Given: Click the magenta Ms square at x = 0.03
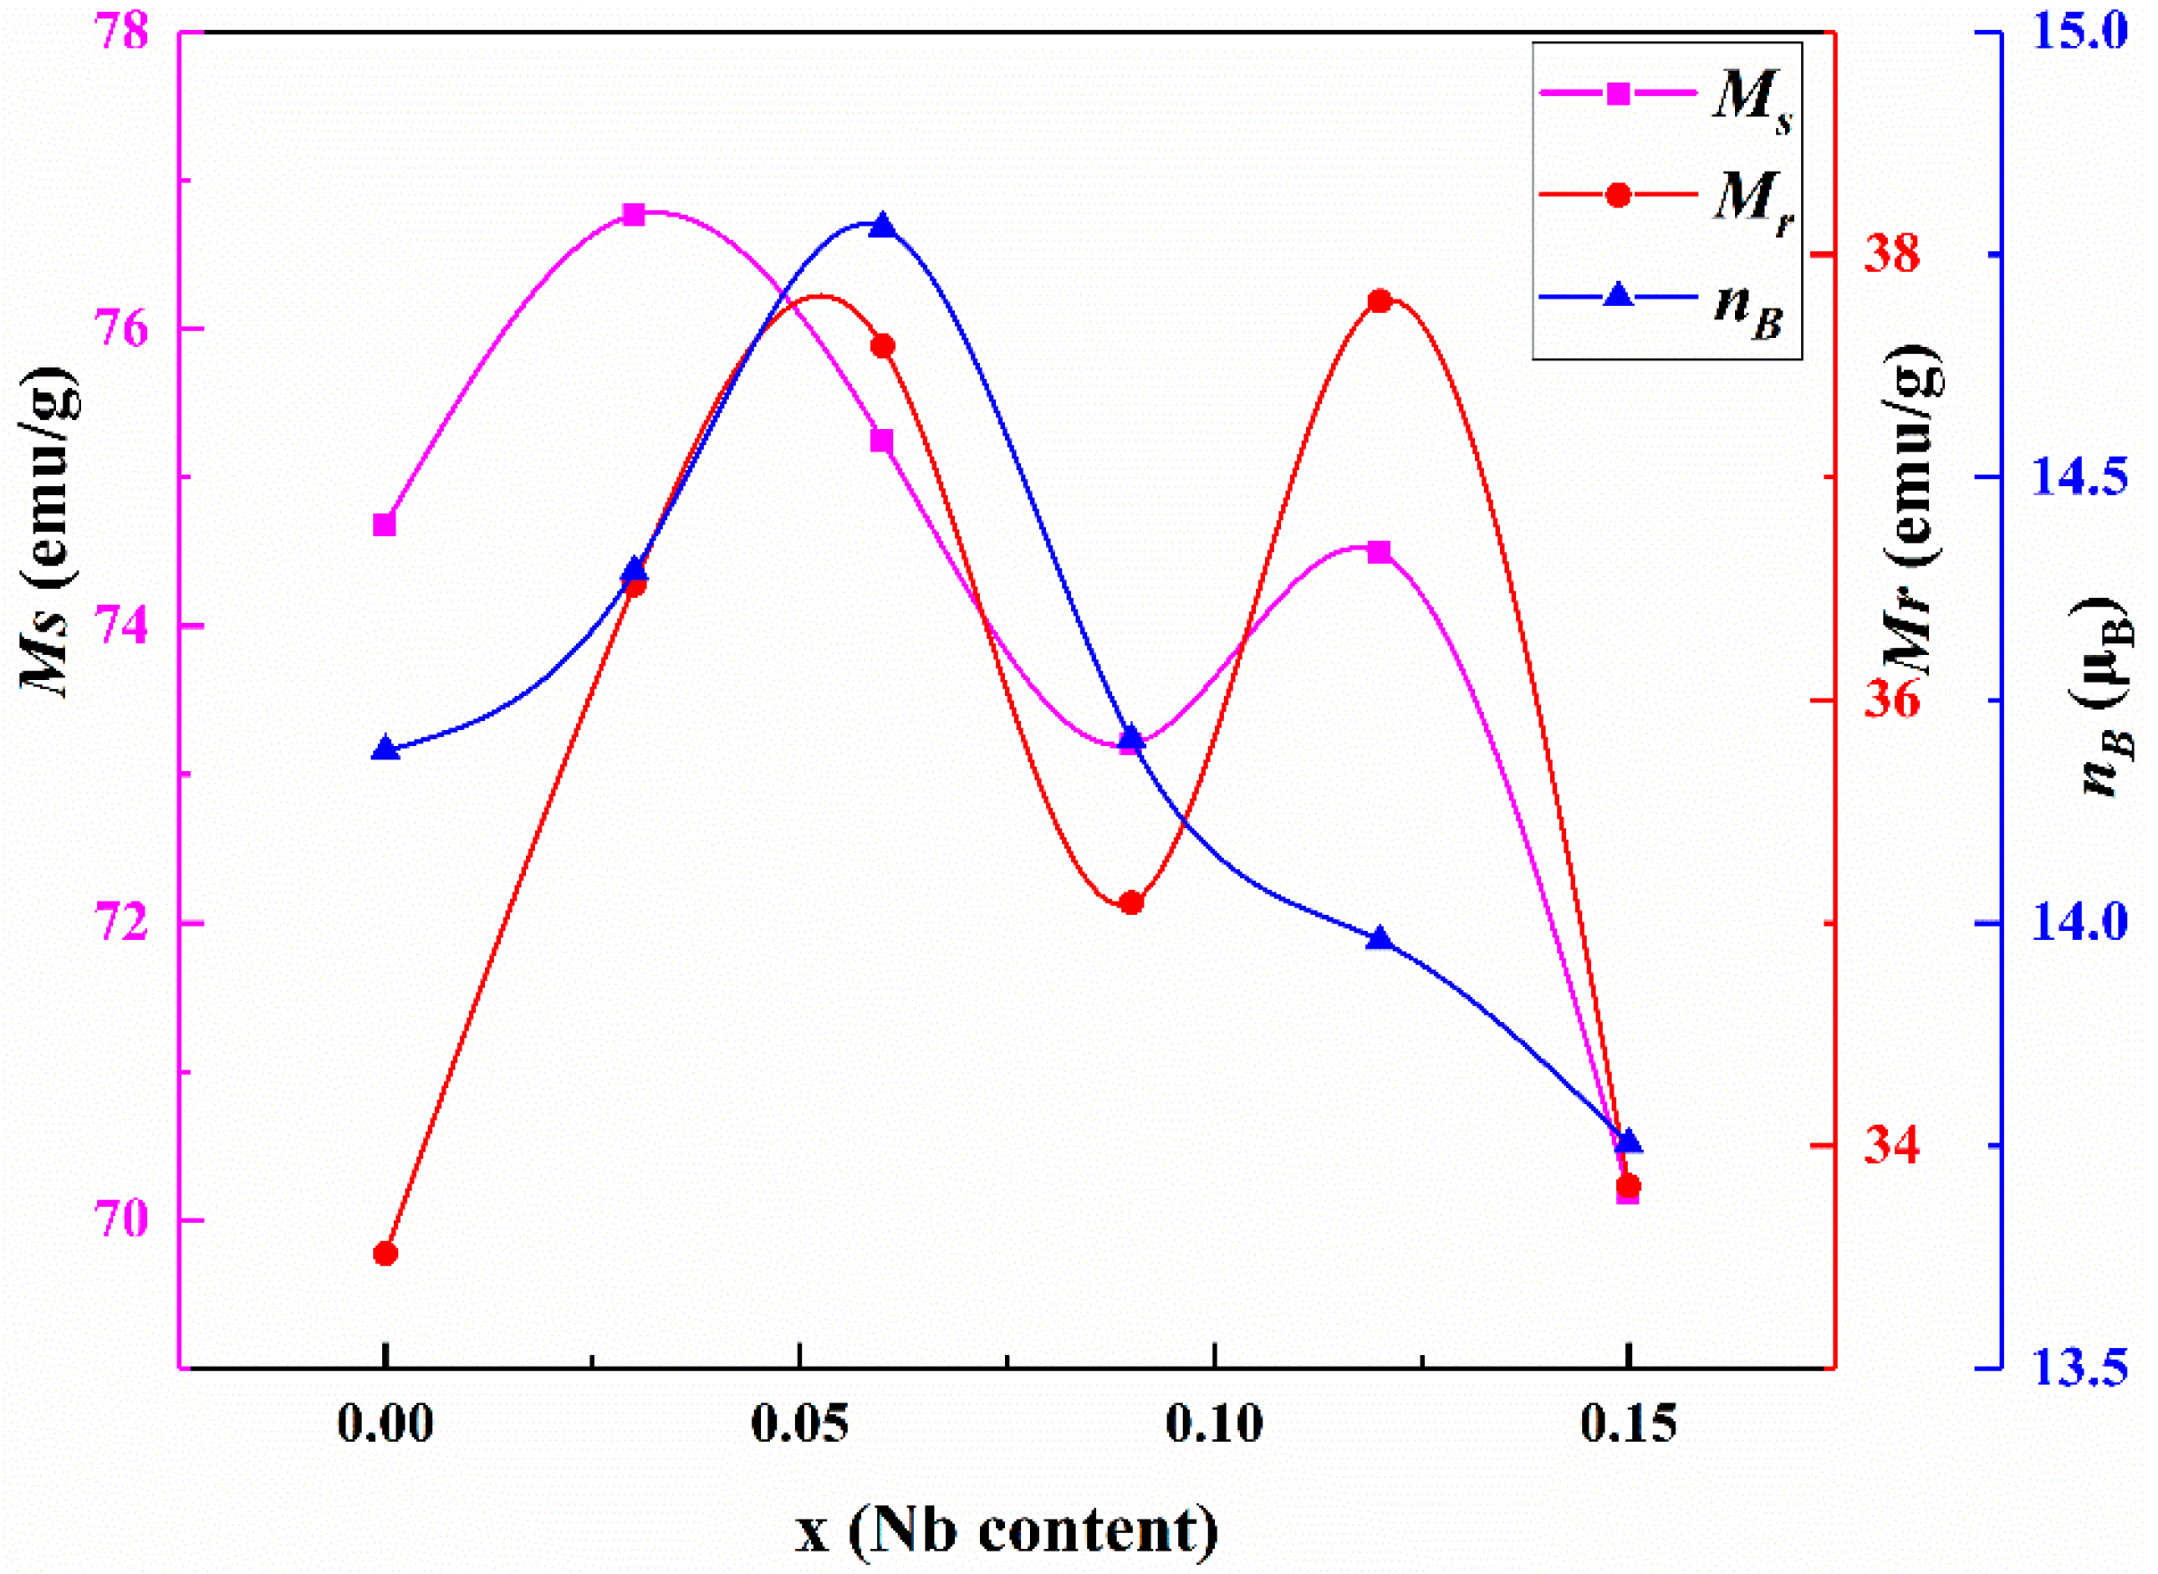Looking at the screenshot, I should [635, 214].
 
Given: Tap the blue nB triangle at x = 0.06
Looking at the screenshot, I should [883, 226].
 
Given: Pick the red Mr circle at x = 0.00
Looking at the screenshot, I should [385, 1254].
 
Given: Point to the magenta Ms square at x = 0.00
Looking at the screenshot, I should [385, 525].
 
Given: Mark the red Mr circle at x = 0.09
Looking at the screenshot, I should [1131, 902].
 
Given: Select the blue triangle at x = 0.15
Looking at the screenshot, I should [1629, 1142].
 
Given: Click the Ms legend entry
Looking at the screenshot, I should [1666, 95].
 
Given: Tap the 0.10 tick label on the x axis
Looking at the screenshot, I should [1213, 1425].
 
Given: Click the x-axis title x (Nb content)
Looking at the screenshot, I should [1007, 1531].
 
